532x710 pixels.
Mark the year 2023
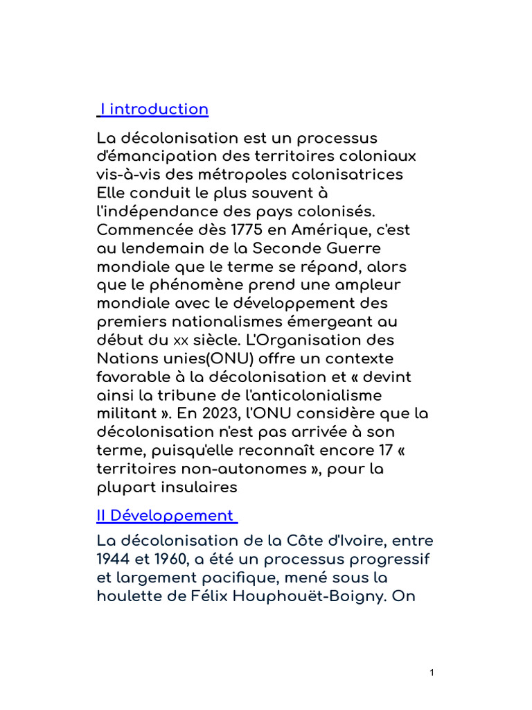233,414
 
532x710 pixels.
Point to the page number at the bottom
432,672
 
